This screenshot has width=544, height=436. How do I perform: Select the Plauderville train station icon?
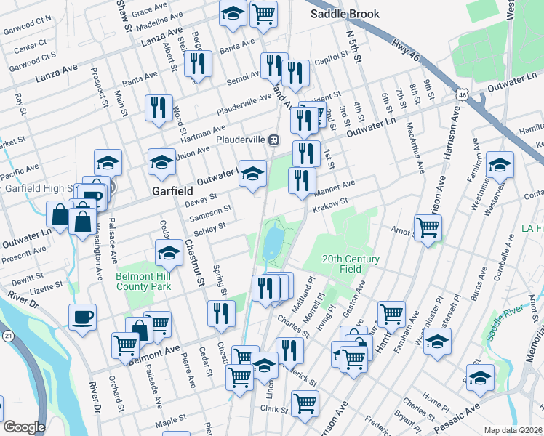(x=275, y=139)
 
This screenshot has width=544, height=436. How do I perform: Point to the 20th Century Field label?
(x=351, y=263)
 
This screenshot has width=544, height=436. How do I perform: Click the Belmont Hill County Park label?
(x=143, y=281)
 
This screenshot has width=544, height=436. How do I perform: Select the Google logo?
(x=24, y=427)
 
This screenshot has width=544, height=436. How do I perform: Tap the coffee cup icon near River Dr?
(x=82, y=316)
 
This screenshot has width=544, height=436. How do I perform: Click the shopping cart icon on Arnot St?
(x=428, y=227)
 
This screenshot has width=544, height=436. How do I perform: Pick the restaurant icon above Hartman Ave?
(x=158, y=108)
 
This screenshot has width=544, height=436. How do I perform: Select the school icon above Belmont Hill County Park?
(x=169, y=253)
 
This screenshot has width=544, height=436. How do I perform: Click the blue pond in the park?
(x=273, y=240)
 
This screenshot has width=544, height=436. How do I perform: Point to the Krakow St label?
(x=331, y=207)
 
